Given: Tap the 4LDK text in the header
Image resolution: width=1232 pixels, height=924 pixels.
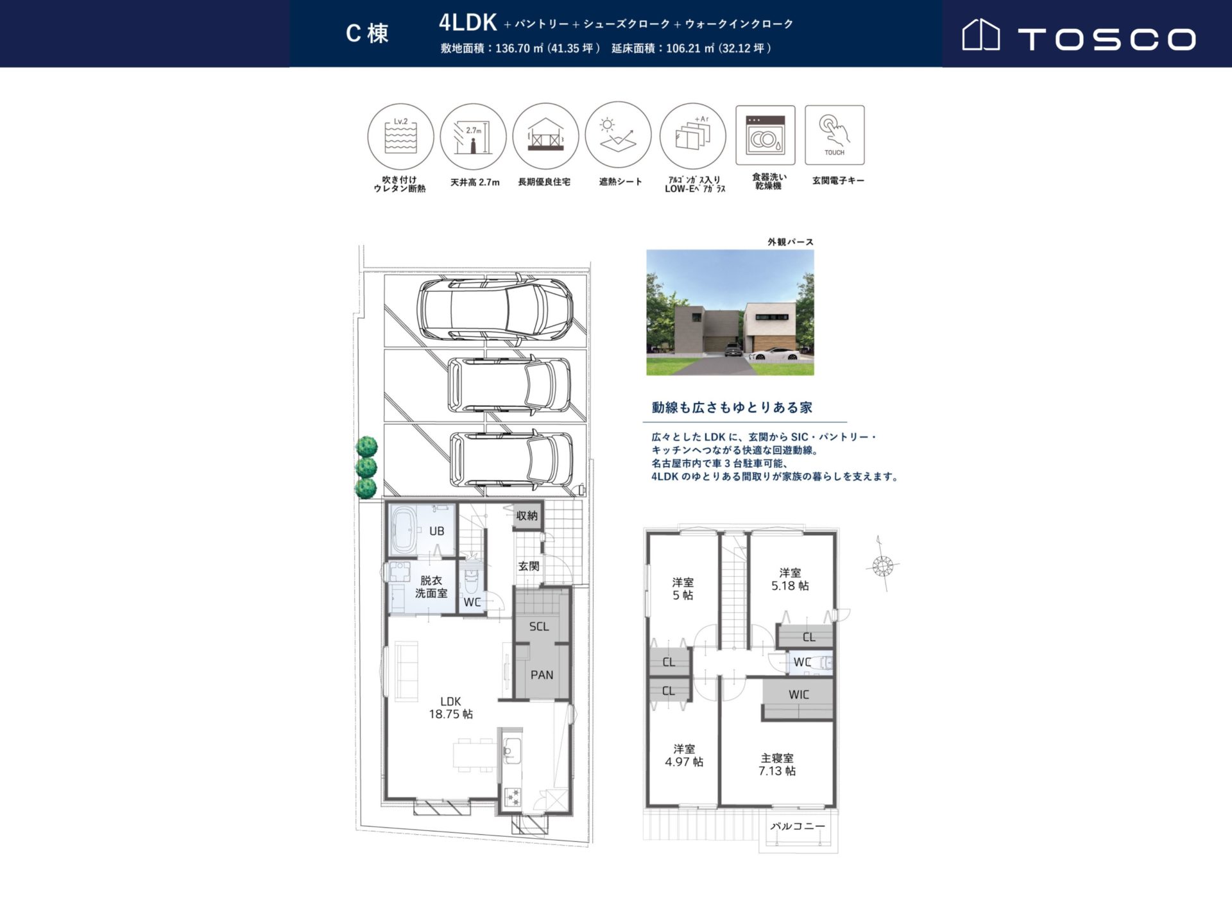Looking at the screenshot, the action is pos(468,22).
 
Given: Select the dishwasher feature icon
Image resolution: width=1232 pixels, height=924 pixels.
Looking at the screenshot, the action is pos(766,135).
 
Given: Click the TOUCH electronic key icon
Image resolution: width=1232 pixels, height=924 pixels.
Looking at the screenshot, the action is pos(835,135).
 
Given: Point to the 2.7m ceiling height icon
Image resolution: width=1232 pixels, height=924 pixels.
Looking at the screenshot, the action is pos(474,137).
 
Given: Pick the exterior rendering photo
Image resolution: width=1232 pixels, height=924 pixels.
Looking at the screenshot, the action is pos(730,312).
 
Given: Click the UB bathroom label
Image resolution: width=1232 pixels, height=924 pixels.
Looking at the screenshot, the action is pos(437,531).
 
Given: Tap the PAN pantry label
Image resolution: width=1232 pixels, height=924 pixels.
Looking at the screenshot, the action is pos(542,675).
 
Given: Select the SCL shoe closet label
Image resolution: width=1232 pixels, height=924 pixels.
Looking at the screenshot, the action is pos(539,627).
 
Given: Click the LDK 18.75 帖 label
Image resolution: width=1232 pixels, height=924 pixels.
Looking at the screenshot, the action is pos(451,708).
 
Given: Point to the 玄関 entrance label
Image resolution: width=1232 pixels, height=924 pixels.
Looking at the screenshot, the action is pos(529,566).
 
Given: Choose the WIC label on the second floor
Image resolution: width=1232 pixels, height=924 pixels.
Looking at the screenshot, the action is pos(799,695).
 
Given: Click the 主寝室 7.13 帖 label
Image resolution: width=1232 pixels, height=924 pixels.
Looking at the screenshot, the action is pos(777,764).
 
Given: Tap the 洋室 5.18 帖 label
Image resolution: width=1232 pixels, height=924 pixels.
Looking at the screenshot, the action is pos(790,579).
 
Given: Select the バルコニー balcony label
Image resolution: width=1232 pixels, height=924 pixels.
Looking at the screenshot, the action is pos(798,826).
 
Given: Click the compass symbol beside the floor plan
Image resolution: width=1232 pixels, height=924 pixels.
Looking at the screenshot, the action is pos(883,565).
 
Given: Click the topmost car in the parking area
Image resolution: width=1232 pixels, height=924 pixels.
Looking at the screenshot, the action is pos(495,309).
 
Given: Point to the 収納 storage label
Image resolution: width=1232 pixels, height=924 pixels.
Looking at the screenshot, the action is pos(527,516).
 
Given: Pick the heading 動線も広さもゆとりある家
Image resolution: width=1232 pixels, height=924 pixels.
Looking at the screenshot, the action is pos(732,407).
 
